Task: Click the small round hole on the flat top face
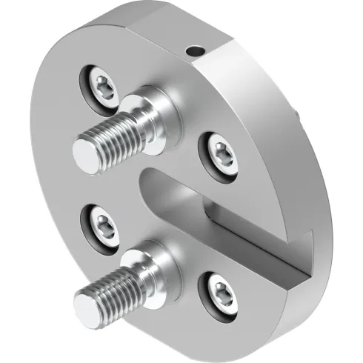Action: (x=195, y=52)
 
